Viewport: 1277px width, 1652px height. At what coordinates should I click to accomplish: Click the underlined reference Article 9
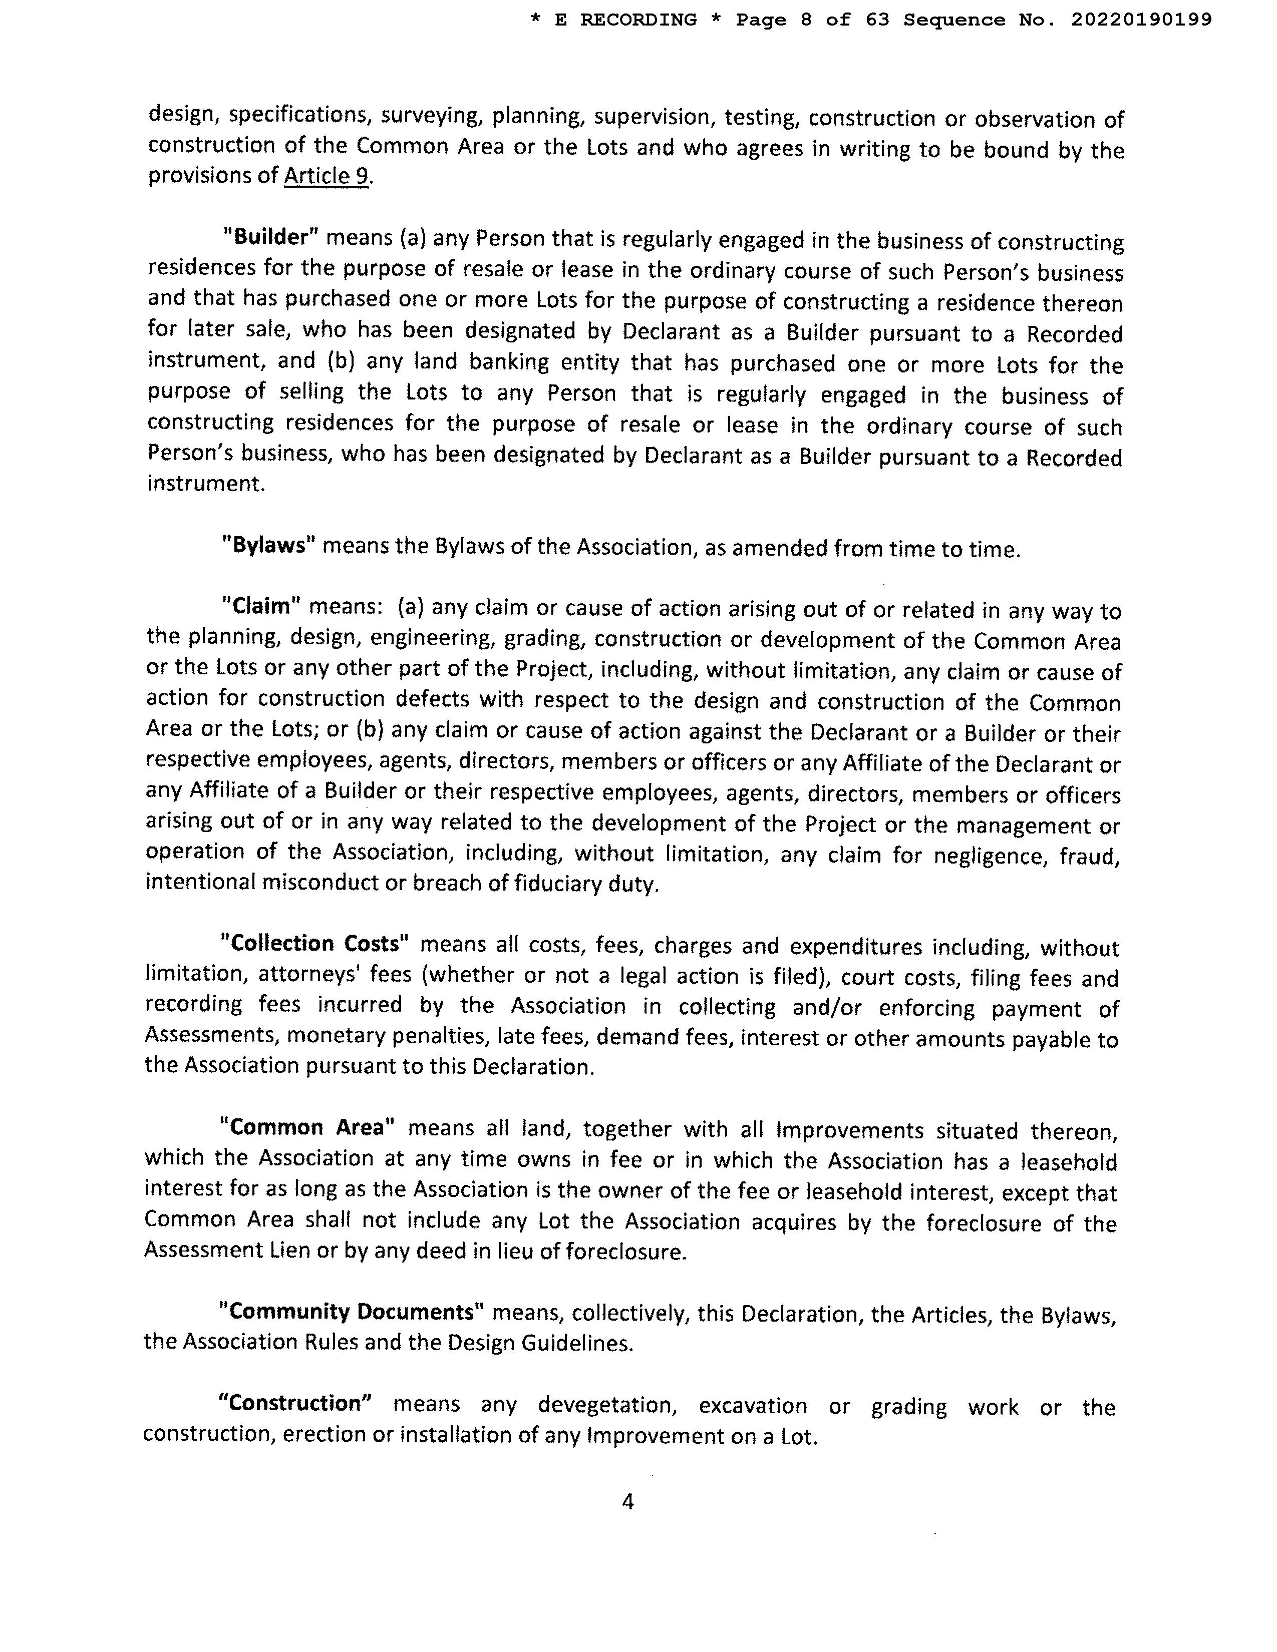point(327,176)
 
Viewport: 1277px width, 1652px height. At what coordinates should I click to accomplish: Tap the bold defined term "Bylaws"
point(269,545)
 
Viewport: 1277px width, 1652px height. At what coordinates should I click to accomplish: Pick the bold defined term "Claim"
point(262,606)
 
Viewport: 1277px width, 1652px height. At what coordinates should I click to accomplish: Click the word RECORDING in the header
point(638,20)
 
